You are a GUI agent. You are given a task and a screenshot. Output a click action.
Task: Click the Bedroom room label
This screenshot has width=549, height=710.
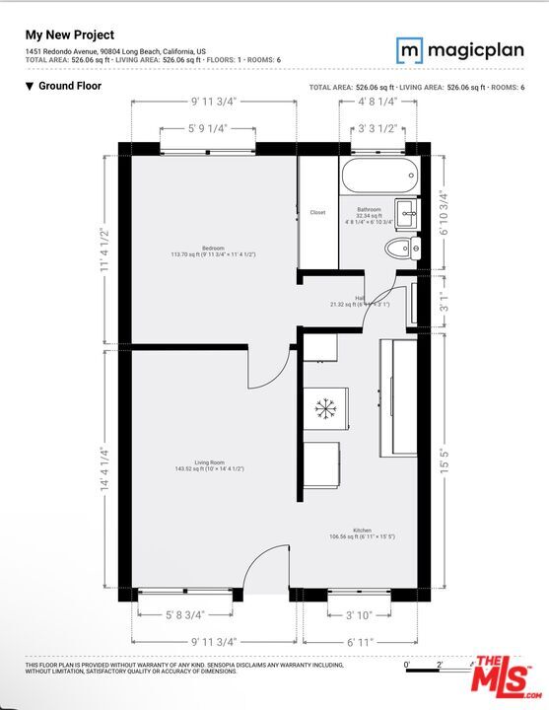point(214,248)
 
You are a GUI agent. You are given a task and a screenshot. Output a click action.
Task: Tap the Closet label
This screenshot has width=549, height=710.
point(317,212)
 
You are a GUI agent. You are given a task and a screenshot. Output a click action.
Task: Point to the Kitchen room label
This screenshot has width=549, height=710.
point(362,531)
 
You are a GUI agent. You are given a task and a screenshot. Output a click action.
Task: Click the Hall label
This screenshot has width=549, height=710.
point(361,298)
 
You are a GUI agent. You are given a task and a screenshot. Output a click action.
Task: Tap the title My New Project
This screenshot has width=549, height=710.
point(69,35)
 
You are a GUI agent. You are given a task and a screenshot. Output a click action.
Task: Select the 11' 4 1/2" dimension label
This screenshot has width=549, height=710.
point(103,253)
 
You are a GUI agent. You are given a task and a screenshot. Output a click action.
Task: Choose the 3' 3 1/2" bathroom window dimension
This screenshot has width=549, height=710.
point(378,128)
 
